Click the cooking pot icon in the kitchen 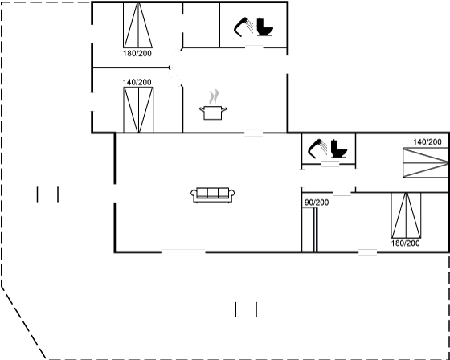point(213,112)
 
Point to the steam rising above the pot point(214,97)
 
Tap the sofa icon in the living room point(213,195)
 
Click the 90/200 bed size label point(317,202)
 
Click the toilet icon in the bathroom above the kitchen point(264,27)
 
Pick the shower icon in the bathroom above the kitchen point(244,27)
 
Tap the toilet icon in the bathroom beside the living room point(339,149)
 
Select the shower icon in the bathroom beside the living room point(317,149)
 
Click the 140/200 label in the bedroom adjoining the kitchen point(137,83)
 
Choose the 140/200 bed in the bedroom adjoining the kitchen point(138,109)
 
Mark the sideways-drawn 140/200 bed point(426,162)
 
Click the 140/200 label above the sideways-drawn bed point(427,142)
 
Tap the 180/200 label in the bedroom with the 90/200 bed point(405,243)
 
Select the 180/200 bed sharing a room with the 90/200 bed point(406,215)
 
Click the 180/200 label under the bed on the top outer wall point(137,54)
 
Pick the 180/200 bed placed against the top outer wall point(138,25)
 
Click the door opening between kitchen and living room point(254,133)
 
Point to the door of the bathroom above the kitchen point(254,47)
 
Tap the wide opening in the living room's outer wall point(183,252)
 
